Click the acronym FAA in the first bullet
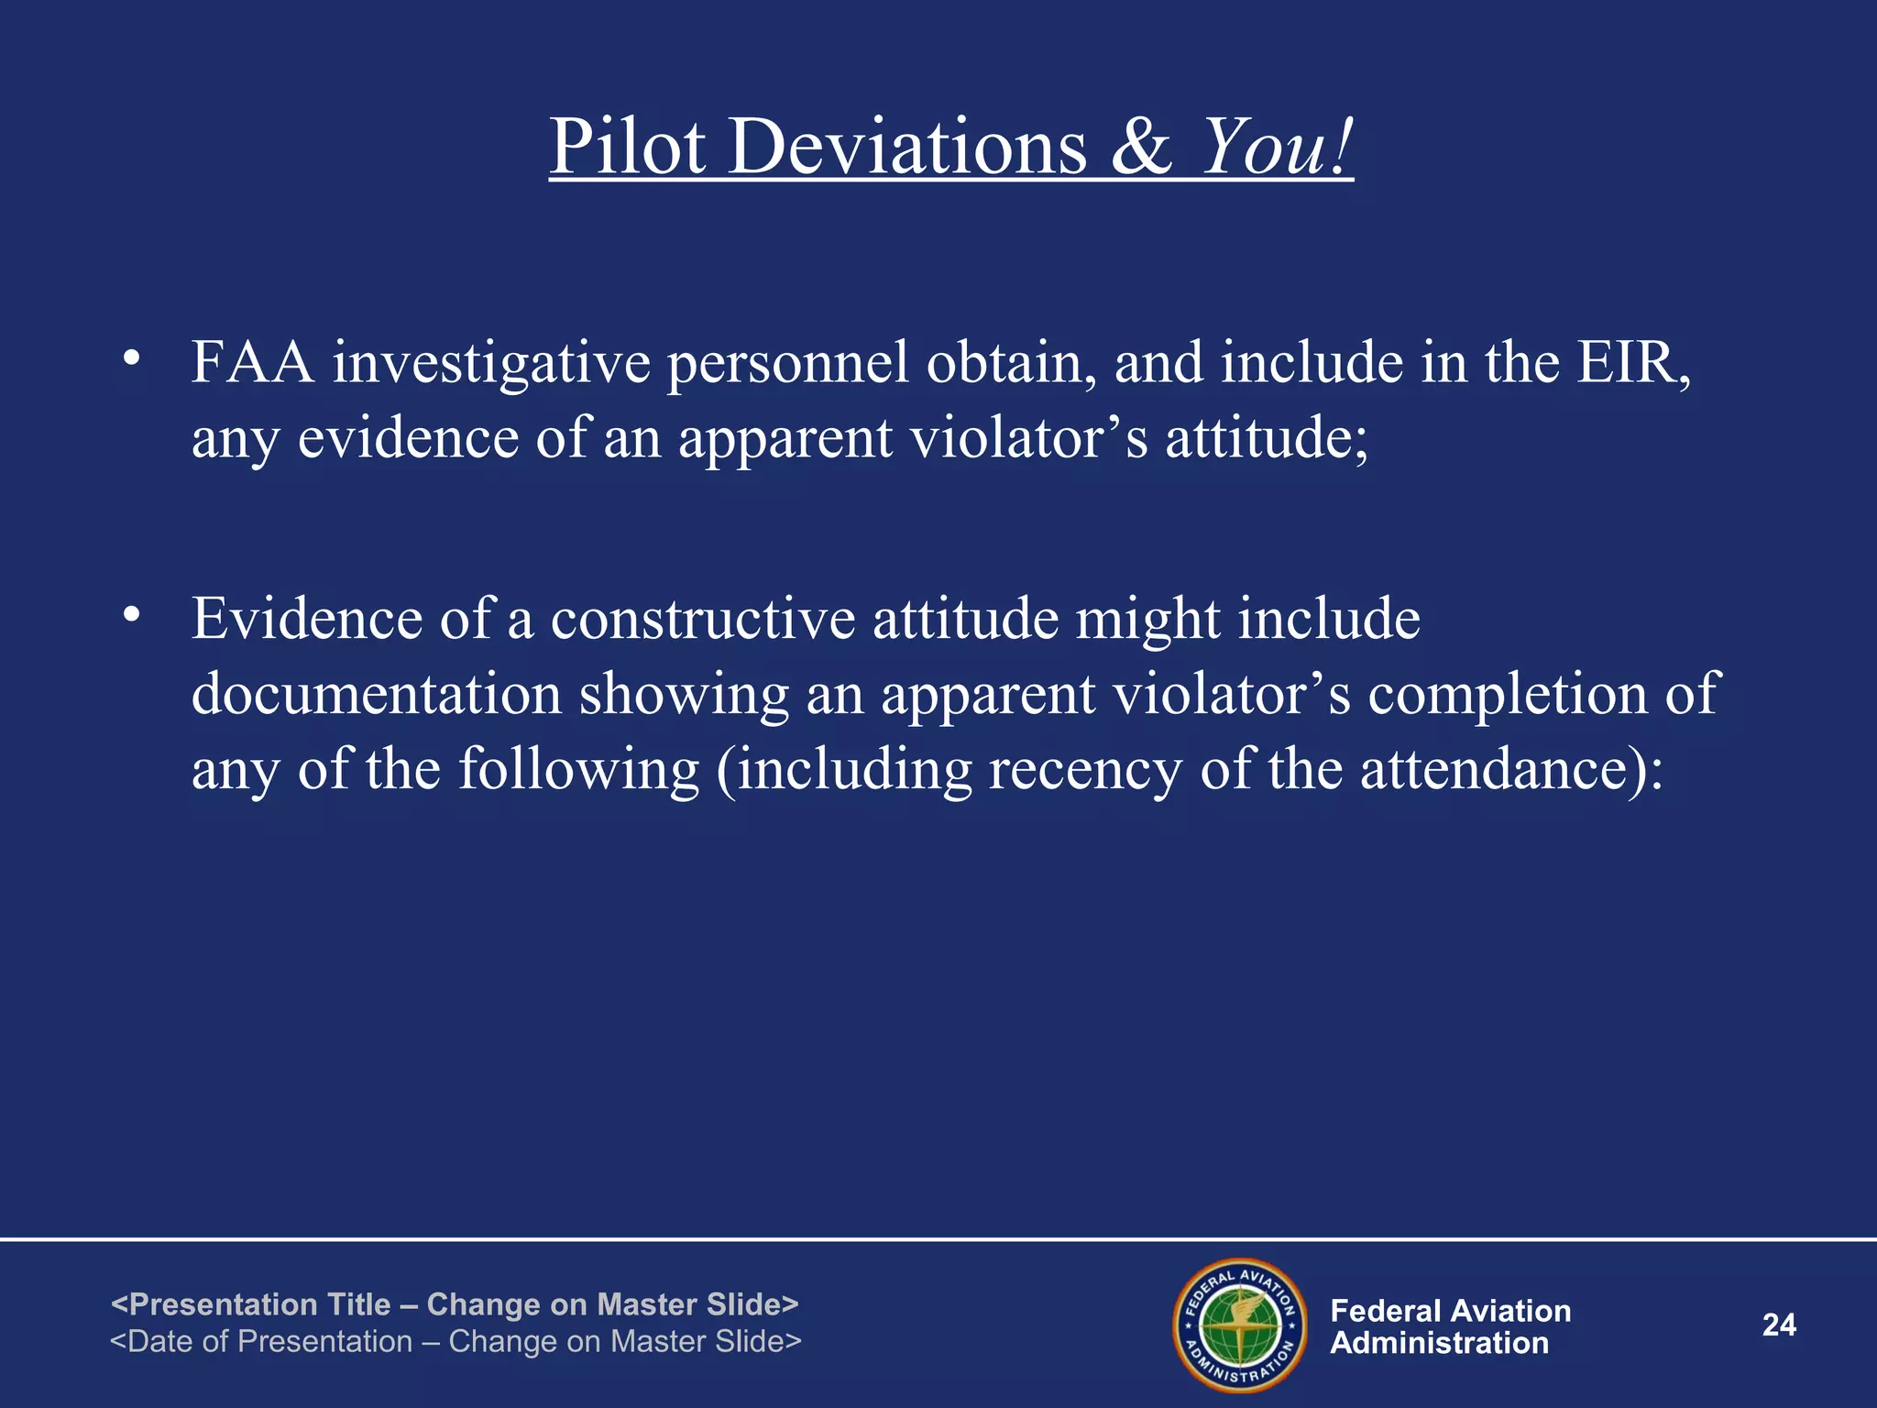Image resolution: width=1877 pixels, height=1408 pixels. (253, 362)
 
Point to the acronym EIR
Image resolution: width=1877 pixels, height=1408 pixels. (1632, 362)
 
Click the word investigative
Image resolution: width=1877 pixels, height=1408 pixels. (490, 364)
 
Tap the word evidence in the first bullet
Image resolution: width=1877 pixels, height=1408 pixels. (409, 437)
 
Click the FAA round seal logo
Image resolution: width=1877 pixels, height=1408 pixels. (1240, 1325)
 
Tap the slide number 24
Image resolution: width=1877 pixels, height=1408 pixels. (1779, 1325)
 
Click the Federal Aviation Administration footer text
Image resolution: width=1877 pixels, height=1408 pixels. (1450, 1326)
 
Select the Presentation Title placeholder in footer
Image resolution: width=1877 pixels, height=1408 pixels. (455, 1303)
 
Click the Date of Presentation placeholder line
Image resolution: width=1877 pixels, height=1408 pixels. (456, 1341)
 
